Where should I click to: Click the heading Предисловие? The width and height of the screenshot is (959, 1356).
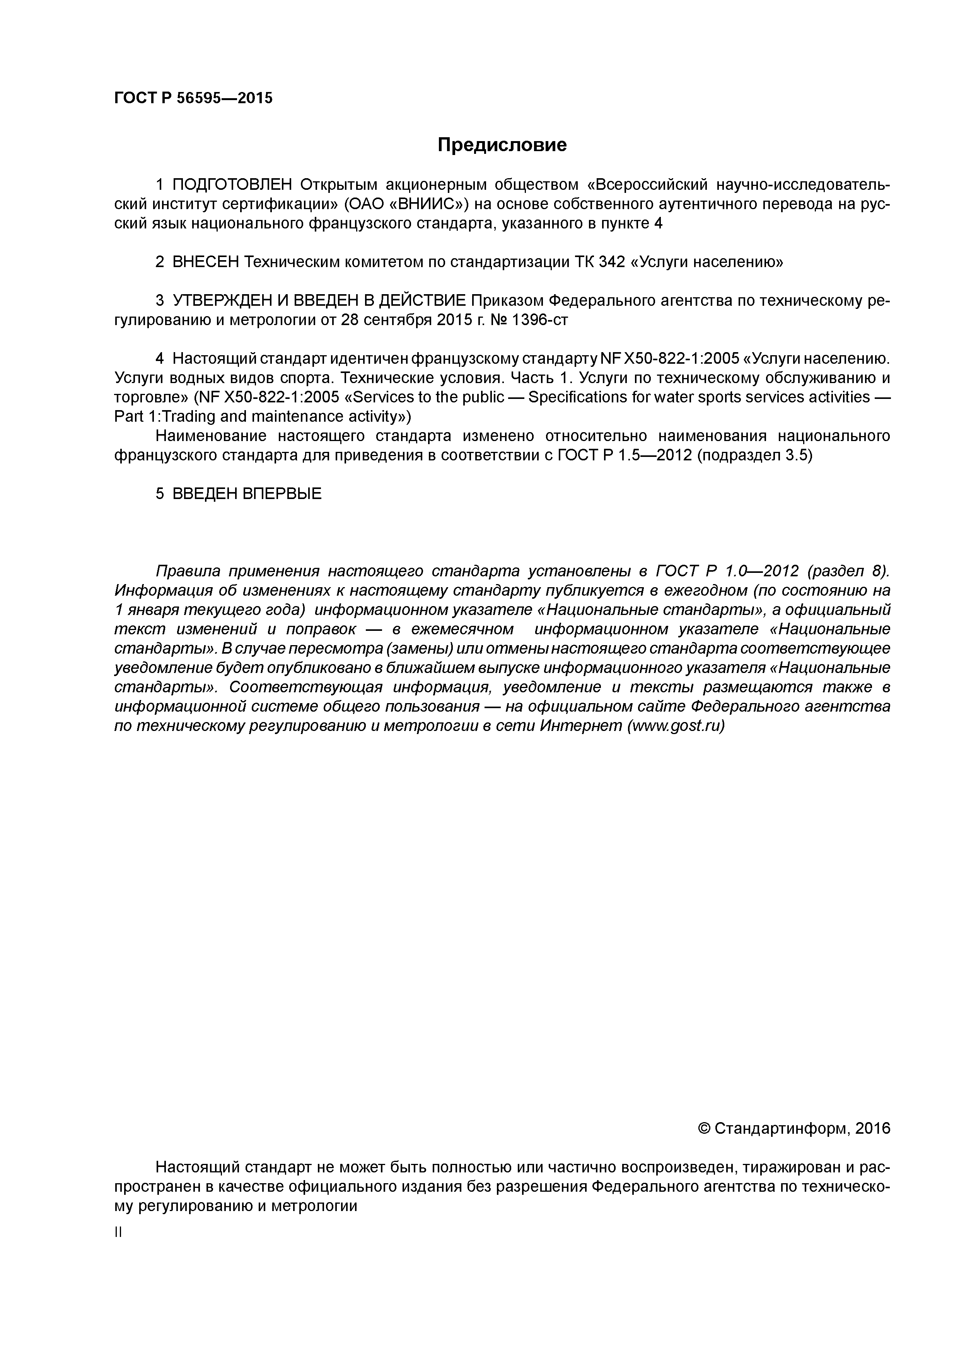502,145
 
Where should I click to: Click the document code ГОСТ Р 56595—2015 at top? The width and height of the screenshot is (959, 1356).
193,99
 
